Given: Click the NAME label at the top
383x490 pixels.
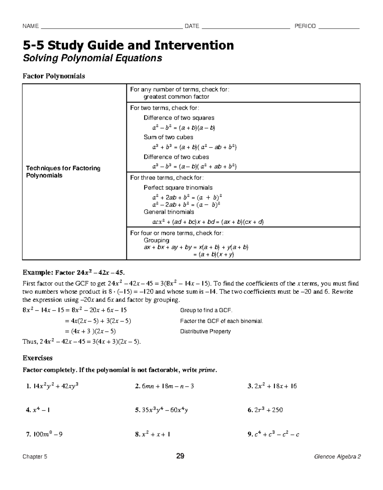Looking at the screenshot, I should click(x=30, y=26).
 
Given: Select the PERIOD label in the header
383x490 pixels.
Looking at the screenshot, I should click(x=305, y=26).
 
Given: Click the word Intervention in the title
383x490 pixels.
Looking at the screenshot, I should click(x=194, y=45).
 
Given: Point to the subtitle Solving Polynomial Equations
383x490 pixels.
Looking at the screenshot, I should click(x=92, y=58).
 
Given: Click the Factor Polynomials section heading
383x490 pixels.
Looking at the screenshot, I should click(x=54, y=76).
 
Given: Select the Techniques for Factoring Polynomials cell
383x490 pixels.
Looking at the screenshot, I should click(x=63, y=172).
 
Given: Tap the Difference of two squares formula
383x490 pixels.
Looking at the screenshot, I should click(x=184, y=128).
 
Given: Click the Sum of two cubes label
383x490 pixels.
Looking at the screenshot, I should click(x=168, y=137).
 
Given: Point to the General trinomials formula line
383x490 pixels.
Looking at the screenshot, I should click(x=207, y=222).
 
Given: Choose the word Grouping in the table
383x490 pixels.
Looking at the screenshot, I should click(x=156, y=240).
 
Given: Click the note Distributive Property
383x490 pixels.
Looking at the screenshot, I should click(x=205, y=331).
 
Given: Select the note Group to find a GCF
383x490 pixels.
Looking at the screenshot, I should click(x=206, y=310).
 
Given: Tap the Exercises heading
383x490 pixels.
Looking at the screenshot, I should click(x=37, y=358).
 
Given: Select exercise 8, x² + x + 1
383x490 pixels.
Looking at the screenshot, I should click(x=153, y=434).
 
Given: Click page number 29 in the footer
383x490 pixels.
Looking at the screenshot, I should click(x=180, y=456).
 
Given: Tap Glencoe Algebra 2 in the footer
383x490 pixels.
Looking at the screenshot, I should click(x=337, y=457).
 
